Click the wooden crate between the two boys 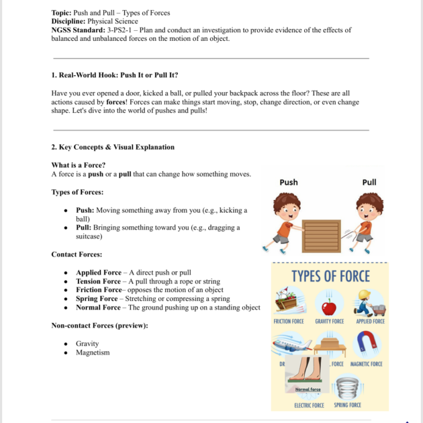tap(321, 236)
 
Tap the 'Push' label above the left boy tap(289, 182)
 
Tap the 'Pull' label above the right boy tap(369, 182)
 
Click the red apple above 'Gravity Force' tap(329, 307)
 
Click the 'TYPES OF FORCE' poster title tap(330, 276)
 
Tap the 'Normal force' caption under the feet tap(308, 389)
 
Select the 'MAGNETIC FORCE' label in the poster tap(367, 364)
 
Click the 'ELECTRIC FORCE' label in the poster tap(309, 405)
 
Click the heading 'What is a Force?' tap(78, 165)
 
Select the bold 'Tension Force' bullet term tap(98, 281)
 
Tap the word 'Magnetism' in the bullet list tap(93, 352)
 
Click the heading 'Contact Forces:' tap(77, 254)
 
